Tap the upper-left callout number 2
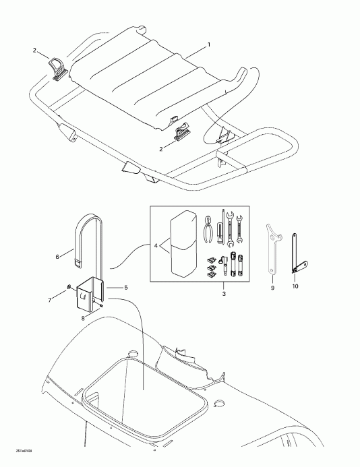pos(35,51)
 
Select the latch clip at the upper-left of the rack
pos(57,69)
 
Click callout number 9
pos(273,285)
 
